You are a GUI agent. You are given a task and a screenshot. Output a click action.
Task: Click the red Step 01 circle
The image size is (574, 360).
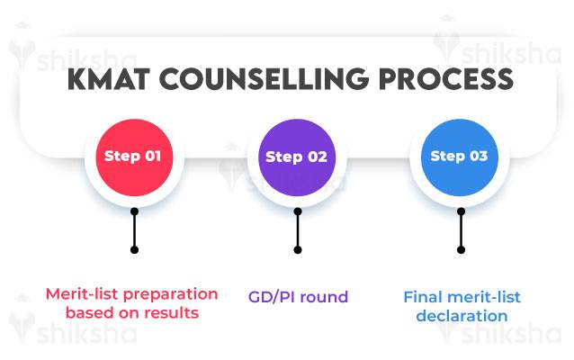coord(133,156)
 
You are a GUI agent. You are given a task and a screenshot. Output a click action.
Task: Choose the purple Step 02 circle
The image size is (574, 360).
coord(297,156)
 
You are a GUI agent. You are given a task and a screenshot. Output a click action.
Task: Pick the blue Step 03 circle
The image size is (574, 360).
coord(460,156)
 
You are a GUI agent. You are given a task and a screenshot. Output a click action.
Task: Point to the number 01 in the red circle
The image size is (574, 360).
coord(153,156)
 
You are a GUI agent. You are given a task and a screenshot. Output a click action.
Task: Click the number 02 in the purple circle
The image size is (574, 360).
coord(317,156)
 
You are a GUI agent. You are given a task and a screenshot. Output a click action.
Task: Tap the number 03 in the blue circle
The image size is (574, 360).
coord(479,156)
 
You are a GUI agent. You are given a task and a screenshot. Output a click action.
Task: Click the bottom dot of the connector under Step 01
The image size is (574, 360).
coord(134,249)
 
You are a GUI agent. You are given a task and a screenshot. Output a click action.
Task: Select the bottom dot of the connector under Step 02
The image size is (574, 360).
coord(297,249)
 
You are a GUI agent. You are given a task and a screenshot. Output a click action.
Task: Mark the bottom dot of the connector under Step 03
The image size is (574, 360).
coord(461,249)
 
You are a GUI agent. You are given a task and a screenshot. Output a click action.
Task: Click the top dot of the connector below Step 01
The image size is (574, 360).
coord(134,213)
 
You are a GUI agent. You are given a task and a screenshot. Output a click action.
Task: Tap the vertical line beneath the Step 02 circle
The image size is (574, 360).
coord(297,231)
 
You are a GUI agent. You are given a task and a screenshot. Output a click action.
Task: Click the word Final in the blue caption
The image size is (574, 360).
coord(422,296)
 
